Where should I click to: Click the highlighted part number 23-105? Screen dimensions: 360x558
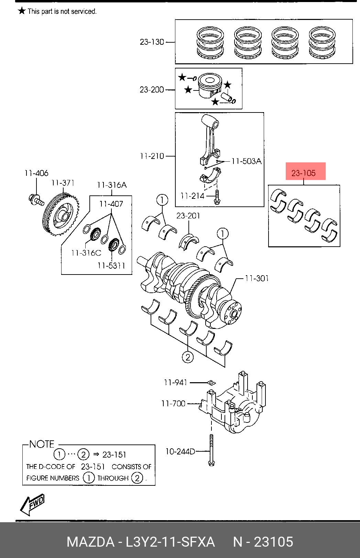[x=303, y=173]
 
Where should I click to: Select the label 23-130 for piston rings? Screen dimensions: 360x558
[x=152, y=42]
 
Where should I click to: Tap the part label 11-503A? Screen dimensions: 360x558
[x=247, y=161]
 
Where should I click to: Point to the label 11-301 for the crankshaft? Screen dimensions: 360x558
[x=257, y=278]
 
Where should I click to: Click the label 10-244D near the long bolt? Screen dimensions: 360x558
[x=180, y=451]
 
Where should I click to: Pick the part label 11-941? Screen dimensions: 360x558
[x=175, y=382]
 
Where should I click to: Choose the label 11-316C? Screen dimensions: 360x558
[x=86, y=253]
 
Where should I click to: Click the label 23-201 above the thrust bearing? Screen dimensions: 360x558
[x=188, y=215]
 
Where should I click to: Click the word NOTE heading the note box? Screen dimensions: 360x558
[x=42, y=444]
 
